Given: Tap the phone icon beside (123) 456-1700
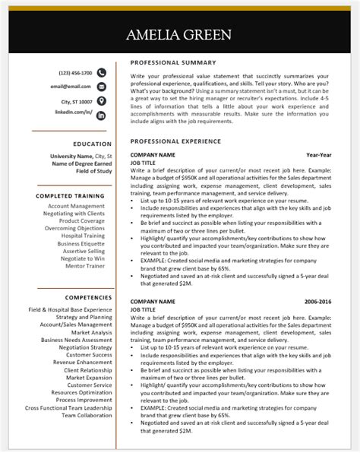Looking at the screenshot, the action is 101,73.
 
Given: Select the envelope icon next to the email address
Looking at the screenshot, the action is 101,87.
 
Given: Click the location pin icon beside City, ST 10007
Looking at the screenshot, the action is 101,100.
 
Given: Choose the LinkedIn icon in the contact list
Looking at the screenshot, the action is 101,114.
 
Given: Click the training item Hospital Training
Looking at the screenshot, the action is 83,236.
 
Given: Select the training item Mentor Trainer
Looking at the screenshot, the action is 85,267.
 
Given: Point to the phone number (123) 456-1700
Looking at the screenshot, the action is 75,73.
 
